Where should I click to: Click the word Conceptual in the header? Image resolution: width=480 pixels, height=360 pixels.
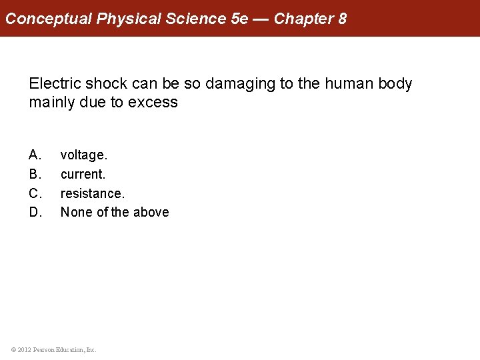[48, 19]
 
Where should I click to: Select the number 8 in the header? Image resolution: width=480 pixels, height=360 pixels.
[342, 19]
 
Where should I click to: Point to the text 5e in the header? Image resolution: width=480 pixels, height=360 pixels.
[239, 19]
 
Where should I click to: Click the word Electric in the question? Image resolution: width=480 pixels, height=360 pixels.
[55, 84]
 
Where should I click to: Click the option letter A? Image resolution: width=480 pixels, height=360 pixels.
[35, 155]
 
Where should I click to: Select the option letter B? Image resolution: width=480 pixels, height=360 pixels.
[35, 174]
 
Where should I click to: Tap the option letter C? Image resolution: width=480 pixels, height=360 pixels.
[35, 193]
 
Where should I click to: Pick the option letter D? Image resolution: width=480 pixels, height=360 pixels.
[35, 212]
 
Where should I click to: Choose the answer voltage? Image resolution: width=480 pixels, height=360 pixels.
[84, 155]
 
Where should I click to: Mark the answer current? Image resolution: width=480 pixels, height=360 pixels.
[83, 174]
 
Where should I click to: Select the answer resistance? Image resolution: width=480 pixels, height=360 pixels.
[93, 193]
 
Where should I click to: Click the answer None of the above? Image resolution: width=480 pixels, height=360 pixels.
[115, 212]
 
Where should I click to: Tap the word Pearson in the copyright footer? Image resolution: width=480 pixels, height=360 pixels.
[43, 349]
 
